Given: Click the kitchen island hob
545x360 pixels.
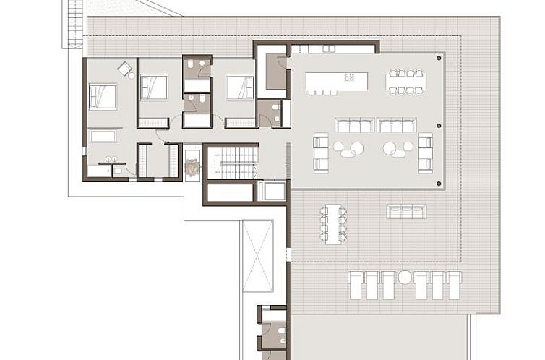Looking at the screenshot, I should (x=350, y=77).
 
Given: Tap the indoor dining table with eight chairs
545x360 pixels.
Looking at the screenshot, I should (x=405, y=82).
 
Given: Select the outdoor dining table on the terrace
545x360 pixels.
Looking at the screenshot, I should (x=333, y=224).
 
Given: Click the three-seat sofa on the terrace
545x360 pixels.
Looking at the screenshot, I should (x=406, y=212).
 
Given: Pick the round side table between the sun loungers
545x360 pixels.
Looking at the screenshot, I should (x=405, y=277).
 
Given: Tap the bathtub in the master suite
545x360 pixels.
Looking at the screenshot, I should (x=103, y=136).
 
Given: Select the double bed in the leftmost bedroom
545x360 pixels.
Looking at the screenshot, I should (x=103, y=96).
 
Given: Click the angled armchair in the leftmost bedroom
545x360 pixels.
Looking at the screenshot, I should (x=125, y=69).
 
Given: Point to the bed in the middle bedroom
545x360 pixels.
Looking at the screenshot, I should (x=154, y=88).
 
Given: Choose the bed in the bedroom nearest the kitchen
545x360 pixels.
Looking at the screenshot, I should (x=239, y=87).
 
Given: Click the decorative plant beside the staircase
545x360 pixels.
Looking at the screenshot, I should (x=192, y=168).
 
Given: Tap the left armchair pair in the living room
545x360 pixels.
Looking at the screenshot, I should (x=321, y=153).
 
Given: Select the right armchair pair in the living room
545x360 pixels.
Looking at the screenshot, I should (x=425, y=153).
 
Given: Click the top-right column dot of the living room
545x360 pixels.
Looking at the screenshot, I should (x=439, y=57).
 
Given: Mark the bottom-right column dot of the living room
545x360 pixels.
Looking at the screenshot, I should (x=439, y=184).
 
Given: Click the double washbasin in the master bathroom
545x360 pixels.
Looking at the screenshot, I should (x=113, y=160).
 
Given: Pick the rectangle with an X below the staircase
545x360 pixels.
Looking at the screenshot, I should (x=258, y=255).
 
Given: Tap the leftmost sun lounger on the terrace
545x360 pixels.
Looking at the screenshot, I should (x=356, y=285).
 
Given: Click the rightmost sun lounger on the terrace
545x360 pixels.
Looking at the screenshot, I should (x=455, y=285).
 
